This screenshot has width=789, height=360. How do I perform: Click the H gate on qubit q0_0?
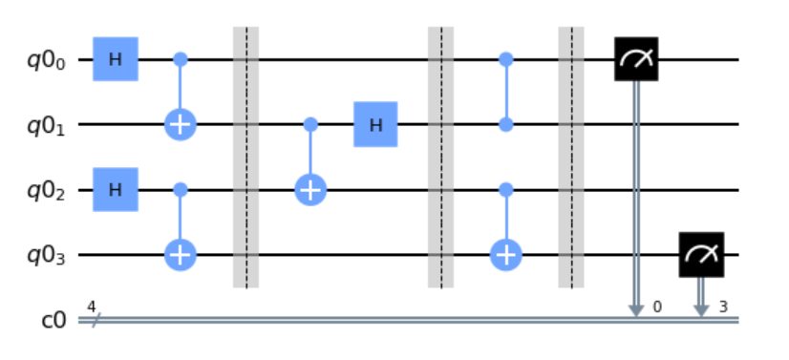[x=116, y=59]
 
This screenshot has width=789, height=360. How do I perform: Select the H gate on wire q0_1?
[x=375, y=124]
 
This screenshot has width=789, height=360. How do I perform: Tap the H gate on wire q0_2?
[x=116, y=189]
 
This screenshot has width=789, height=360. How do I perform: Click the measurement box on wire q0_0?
[x=635, y=59]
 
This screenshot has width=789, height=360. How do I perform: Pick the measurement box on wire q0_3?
[x=701, y=254]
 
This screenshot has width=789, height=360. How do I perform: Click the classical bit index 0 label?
[x=656, y=307]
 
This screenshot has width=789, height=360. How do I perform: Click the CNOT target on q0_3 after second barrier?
[x=505, y=254]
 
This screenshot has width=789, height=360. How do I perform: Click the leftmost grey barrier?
[x=245, y=157]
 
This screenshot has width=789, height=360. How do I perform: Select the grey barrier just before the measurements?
[x=570, y=157]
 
